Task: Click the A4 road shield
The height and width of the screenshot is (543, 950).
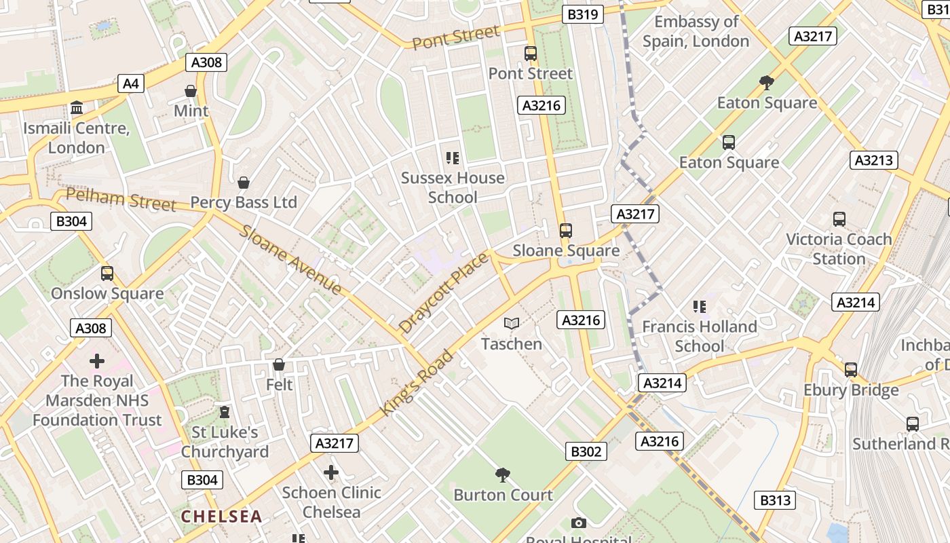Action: point(130,83)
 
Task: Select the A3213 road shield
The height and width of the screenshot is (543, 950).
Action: point(874,160)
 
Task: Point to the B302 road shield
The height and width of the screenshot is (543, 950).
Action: point(585,451)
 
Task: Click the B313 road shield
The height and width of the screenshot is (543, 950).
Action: point(775,500)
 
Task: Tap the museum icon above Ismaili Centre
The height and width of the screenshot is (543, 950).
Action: point(77,108)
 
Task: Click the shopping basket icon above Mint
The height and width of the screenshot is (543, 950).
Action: point(191,91)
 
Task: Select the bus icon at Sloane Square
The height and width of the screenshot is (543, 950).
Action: point(566,231)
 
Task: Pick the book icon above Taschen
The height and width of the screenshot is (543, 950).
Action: point(512,324)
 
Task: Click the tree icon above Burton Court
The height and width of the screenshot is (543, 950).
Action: point(503,474)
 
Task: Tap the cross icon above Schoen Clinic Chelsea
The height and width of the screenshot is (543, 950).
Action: point(331,472)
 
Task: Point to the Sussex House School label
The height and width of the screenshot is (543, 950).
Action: point(453,187)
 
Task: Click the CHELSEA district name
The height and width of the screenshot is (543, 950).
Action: point(221,517)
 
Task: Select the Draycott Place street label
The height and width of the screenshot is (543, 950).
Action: point(443,293)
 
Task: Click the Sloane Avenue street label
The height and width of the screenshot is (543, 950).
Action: point(290,260)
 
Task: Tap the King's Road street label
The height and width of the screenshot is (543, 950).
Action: point(416,383)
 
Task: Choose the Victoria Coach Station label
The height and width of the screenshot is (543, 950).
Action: point(839,248)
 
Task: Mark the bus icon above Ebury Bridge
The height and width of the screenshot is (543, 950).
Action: point(851,370)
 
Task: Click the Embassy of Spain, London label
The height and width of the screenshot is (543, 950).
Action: point(696,31)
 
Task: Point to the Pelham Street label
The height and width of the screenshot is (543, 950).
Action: point(121,200)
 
